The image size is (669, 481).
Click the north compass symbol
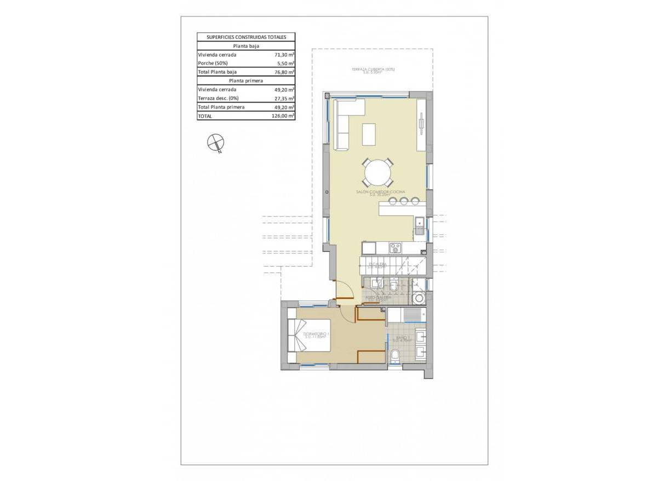pos(215,143)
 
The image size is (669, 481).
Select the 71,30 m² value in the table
pos(284,55)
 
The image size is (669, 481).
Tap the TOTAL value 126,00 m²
pos(284,116)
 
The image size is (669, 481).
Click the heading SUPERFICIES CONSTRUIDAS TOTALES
pos(246,37)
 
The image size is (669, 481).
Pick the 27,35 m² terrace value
pos(284,98)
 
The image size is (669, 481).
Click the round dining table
pos(377,173)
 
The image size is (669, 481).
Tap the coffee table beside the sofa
pos(369,134)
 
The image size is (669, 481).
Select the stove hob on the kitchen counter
pos(396,248)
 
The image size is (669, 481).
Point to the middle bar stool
pos(404,201)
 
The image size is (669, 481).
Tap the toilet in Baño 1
pos(396,357)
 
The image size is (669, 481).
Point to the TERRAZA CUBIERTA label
pos(373,70)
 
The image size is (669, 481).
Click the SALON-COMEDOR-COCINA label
pos(379,191)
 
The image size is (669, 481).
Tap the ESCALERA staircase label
pos(378,264)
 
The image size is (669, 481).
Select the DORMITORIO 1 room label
pos(315,334)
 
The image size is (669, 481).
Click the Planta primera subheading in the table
pos(246,81)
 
